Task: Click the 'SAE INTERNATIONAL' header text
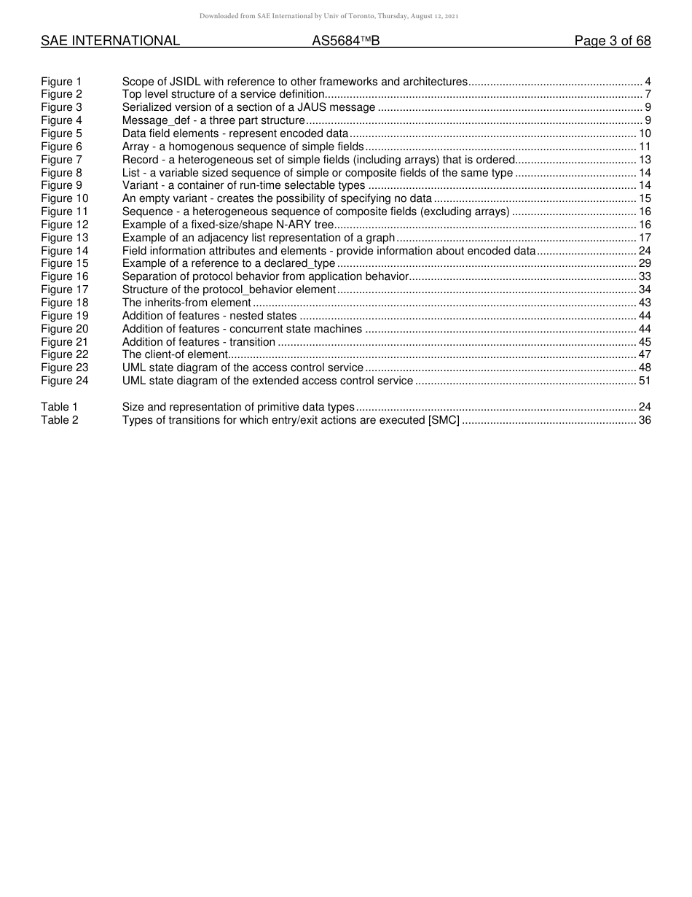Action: (110, 42)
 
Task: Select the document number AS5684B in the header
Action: (345, 42)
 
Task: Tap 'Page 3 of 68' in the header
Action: (612, 42)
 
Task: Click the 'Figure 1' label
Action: (61, 82)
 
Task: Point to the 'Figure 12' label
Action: (64, 225)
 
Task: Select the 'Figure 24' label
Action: (64, 381)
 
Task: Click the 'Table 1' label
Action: (59, 407)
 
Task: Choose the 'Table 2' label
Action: (59, 420)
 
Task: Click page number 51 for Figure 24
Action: (644, 381)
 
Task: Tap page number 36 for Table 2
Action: (644, 420)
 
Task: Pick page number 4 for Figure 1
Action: (648, 82)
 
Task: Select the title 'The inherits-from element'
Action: (186, 303)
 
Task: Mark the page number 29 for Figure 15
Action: (644, 263)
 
